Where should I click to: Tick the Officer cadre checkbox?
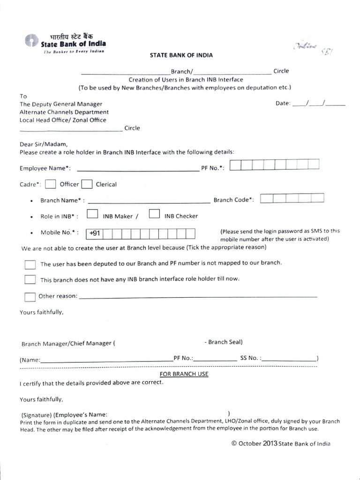point(51,184)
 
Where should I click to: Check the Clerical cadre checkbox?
point(87,184)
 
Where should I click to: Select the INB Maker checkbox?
point(92,215)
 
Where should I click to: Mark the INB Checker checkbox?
point(154,215)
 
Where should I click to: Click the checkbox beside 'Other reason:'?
point(30,296)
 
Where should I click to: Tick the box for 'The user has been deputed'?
point(30,264)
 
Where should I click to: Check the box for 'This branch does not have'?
point(30,279)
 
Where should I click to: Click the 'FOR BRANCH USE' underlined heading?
point(184,374)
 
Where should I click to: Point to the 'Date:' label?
point(283,104)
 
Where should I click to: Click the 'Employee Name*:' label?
point(45,168)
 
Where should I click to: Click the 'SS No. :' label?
point(251,358)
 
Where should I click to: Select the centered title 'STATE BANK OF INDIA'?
point(181,55)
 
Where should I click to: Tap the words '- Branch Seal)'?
point(224,342)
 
